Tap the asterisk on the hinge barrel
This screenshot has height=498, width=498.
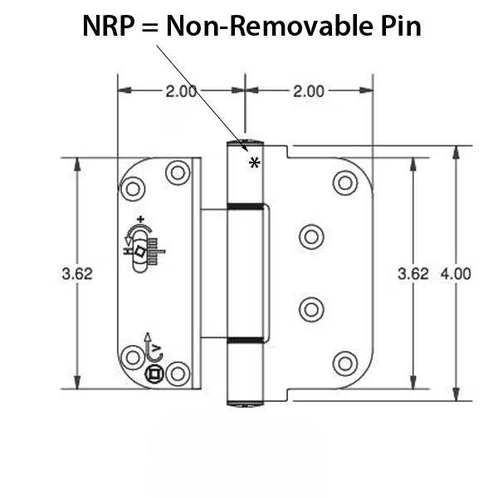(x=254, y=164)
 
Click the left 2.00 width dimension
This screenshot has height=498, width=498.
(x=180, y=91)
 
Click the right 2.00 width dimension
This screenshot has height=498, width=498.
(x=308, y=91)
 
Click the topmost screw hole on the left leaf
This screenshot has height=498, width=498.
(x=176, y=173)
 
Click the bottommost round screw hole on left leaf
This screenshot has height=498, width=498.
(x=131, y=358)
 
